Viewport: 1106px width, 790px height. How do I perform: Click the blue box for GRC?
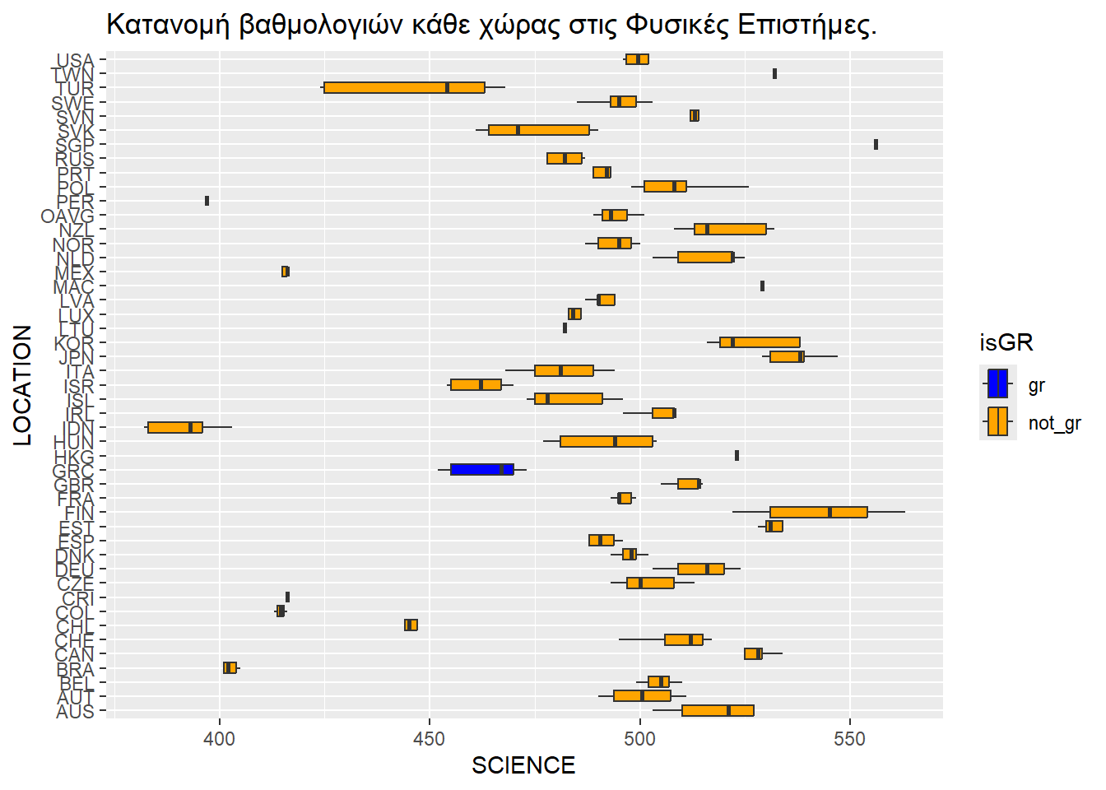pyautogui.click(x=481, y=470)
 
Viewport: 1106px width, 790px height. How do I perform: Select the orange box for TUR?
pyautogui.click(x=404, y=88)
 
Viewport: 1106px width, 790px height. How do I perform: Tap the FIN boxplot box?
pyautogui.click(x=818, y=512)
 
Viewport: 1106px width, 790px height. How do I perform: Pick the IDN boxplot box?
pyautogui.click(x=174, y=427)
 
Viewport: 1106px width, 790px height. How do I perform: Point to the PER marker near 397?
pyautogui.click(x=207, y=201)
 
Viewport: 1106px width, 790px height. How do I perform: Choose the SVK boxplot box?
pyautogui.click(x=538, y=130)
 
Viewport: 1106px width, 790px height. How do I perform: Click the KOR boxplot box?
pyautogui.click(x=760, y=342)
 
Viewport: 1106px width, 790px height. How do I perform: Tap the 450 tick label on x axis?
pyautogui.click(x=430, y=739)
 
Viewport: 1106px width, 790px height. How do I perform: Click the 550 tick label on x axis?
pyautogui.click(x=849, y=739)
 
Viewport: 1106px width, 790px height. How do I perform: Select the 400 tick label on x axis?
pyautogui.click(x=220, y=739)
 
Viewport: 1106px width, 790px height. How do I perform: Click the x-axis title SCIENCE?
pyautogui.click(x=523, y=766)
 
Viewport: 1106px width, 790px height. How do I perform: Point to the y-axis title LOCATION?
pyautogui.click(x=22, y=385)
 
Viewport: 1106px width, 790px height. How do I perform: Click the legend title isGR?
pyautogui.click(x=1006, y=342)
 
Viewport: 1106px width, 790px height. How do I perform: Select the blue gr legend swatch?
pyautogui.click(x=997, y=383)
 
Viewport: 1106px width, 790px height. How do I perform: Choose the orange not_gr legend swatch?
pyautogui.click(x=997, y=422)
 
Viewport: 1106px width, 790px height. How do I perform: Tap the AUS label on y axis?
pyautogui.click(x=75, y=712)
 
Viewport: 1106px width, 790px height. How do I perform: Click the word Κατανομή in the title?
pyautogui.click(x=168, y=26)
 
